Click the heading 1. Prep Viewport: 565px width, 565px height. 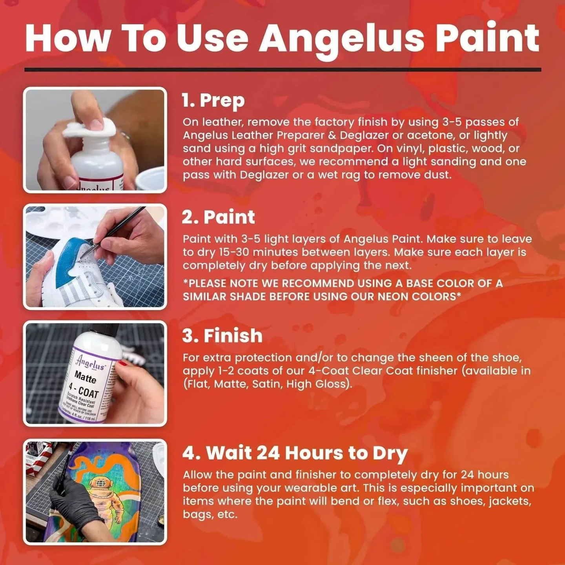[x=213, y=100]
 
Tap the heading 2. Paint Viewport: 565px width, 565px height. [x=219, y=217]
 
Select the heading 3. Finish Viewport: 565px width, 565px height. [x=222, y=336]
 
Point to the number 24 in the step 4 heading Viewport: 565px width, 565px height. [x=268, y=453]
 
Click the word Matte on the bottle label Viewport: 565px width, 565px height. [x=85, y=377]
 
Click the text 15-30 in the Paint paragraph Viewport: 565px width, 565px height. [x=232, y=252]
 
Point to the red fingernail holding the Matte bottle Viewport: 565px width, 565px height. [x=123, y=364]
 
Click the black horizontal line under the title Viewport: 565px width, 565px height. [x=282, y=70]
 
